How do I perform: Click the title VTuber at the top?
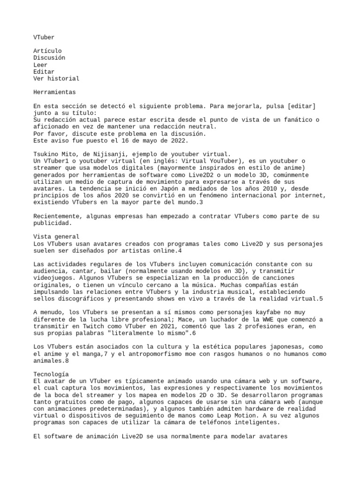coord(44,36)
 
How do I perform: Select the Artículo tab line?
coord(47,51)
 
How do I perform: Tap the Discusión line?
coord(49,58)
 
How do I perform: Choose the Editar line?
coord(44,72)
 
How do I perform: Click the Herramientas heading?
coord(55,92)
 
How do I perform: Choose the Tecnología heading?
coord(51,375)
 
